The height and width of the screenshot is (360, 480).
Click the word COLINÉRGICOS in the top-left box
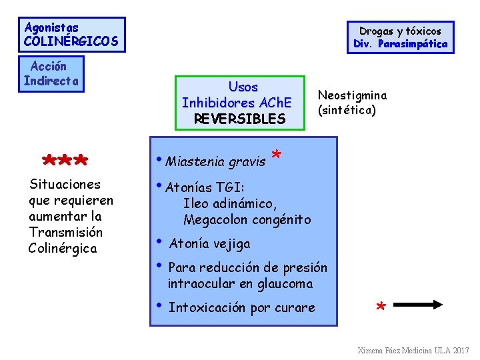pos(71,41)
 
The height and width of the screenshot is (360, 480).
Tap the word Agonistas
pos(51,27)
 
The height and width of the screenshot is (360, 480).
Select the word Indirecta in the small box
pos(51,81)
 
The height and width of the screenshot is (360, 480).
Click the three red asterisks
pos(65,163)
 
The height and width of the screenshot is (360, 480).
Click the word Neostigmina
pos(352,95)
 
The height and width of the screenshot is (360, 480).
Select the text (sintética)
pos(347,110)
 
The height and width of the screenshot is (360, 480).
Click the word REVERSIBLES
pos(239,119)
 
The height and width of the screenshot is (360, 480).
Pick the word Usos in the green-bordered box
pos(243,87)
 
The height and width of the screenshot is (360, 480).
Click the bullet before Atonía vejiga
pos(159,241)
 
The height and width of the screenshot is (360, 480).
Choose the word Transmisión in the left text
pos(66,232)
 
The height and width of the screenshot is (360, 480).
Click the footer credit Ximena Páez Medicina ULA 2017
pos(413,350)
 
